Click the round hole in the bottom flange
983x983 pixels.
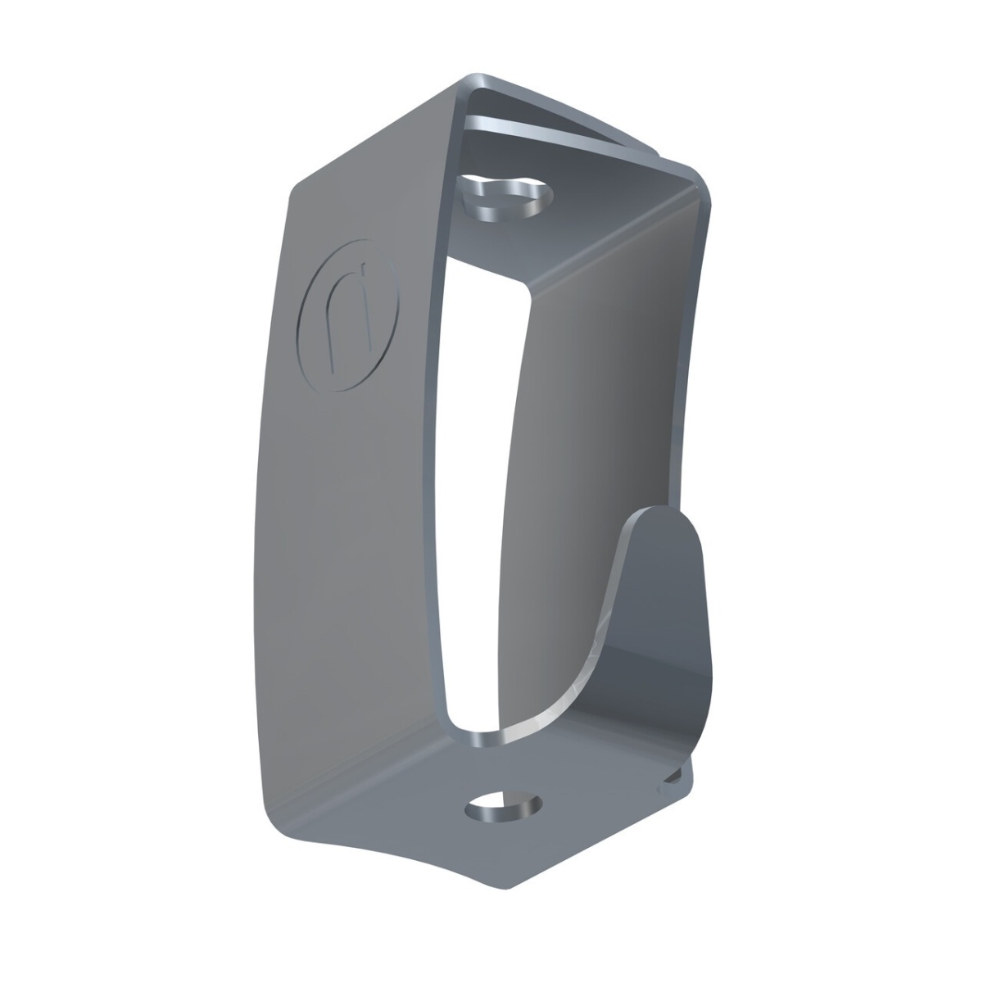(x=503, y=807)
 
